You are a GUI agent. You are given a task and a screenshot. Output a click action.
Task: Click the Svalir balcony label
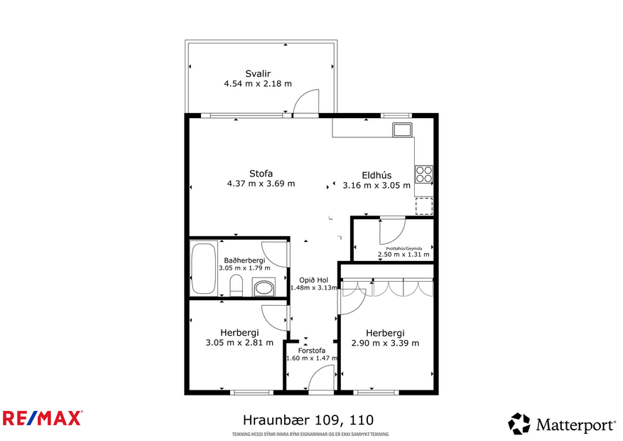(x=257, y=73)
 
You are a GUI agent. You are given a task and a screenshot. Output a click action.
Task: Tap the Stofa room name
(x=261, y=173)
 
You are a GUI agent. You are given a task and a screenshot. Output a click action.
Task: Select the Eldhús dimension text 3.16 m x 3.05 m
(x=376, y=186)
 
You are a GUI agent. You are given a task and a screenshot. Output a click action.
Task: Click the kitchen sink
(x=402, y=130)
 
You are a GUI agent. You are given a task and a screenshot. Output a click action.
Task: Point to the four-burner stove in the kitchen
(x=424, y=174)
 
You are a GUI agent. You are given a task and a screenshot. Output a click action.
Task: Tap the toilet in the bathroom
(x=237, y=287)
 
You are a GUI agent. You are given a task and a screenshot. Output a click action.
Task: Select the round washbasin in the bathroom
(x=264, y=288)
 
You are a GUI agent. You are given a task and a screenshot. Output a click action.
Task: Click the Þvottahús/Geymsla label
(x=395, y=248)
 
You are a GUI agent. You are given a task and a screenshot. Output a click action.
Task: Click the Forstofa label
(x=311, y=350)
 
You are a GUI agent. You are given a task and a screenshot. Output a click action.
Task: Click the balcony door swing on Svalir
(x=308, y=102)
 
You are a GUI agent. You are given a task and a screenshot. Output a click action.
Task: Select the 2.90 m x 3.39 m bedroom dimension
(x=385, y=343)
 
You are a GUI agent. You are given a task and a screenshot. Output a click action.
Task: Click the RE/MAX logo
(x=43, y=418)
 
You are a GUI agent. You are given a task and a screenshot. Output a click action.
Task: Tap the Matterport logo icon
(x=519, y=424)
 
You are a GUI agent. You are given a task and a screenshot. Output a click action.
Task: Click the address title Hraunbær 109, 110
(x=308, y=420)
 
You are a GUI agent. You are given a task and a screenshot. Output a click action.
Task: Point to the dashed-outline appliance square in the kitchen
(x=424, y=206)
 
